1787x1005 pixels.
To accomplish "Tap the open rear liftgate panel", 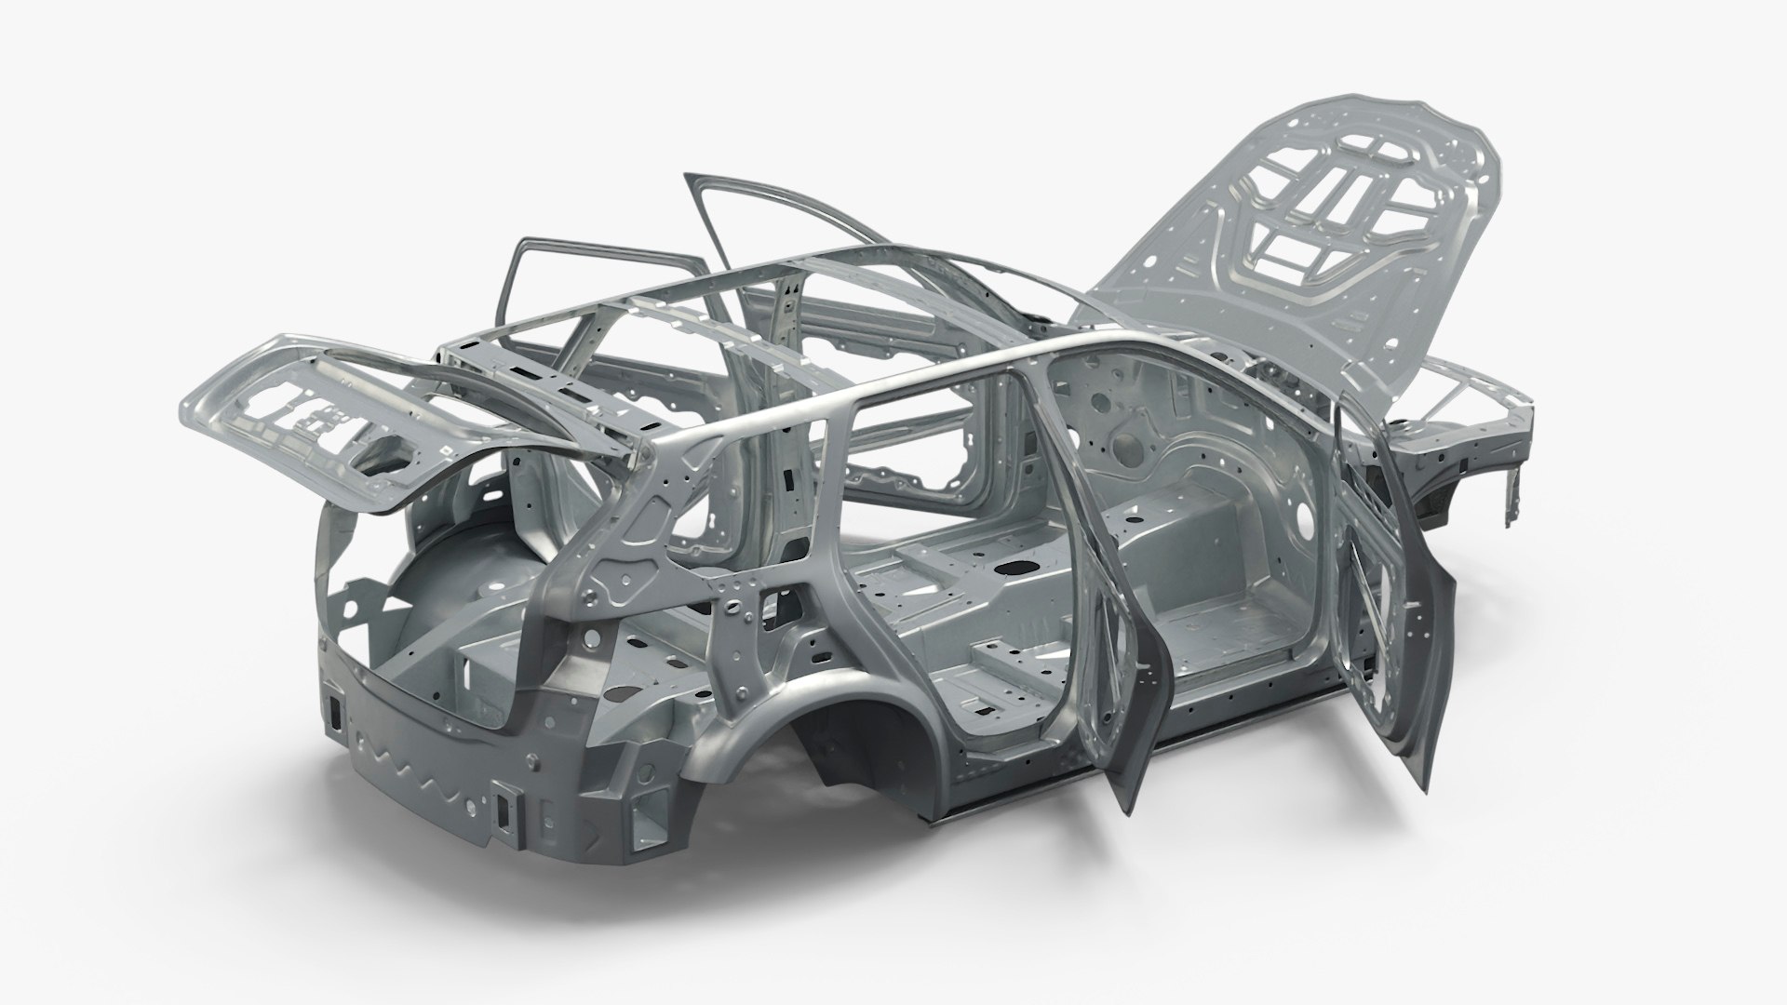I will [x=307, y=391].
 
